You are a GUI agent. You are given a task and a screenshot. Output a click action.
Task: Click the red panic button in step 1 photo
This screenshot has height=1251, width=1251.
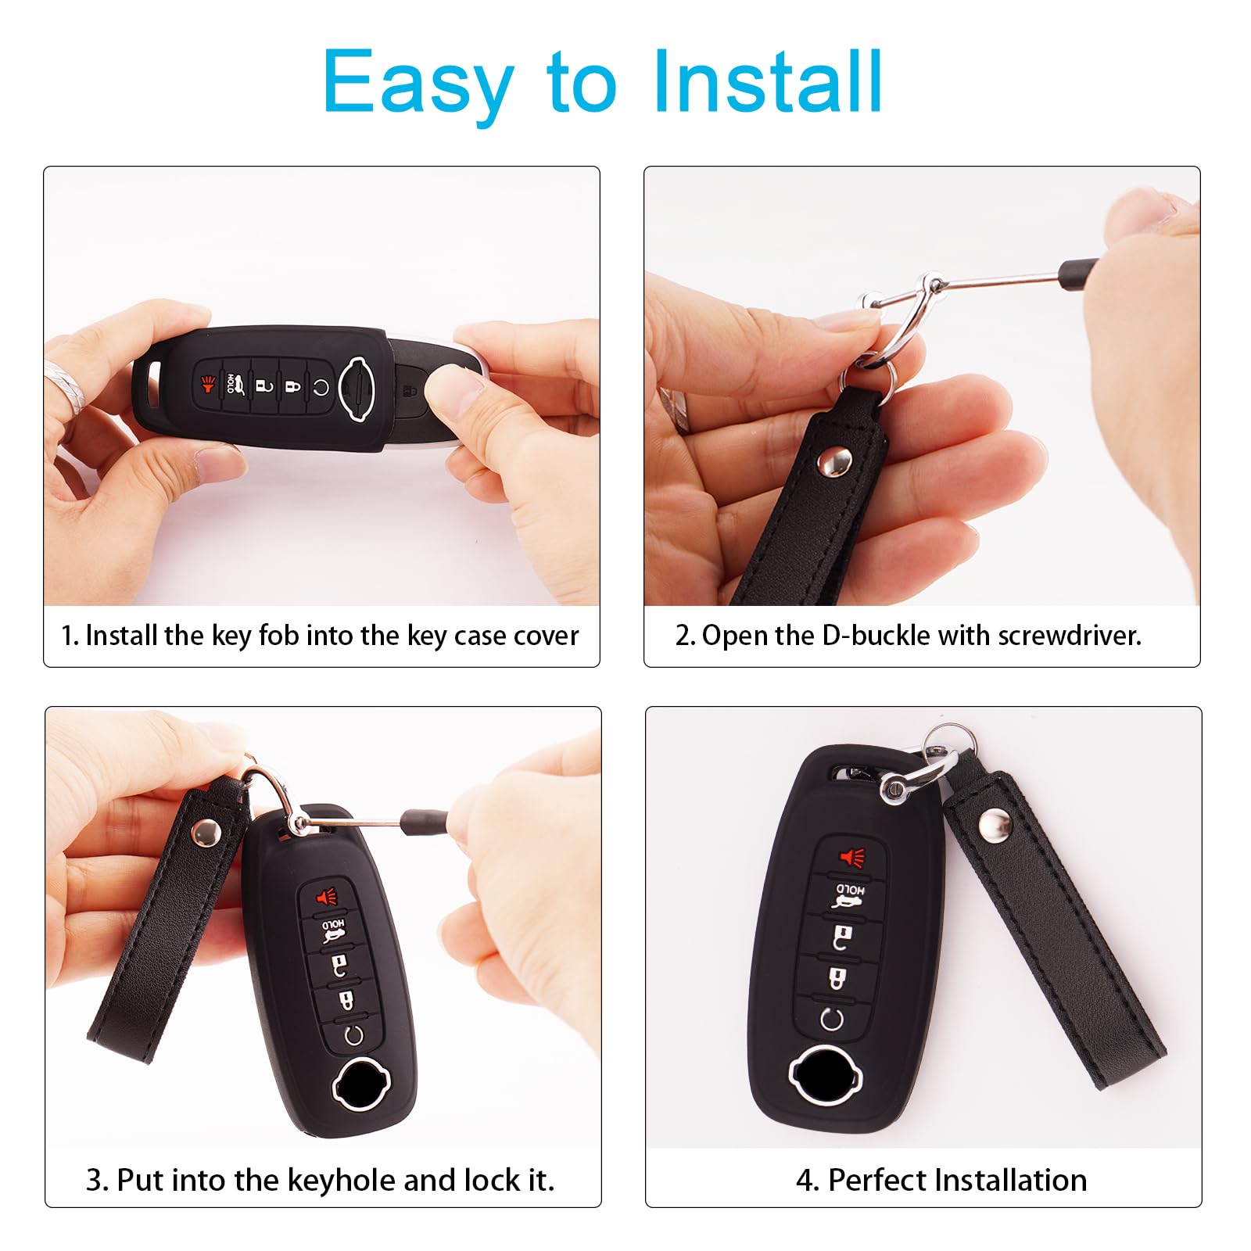[208, 385]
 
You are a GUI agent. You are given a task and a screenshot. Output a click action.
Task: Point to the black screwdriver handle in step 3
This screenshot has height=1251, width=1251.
[423, 821]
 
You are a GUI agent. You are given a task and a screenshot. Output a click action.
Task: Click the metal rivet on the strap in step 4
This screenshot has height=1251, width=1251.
[995, 823]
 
